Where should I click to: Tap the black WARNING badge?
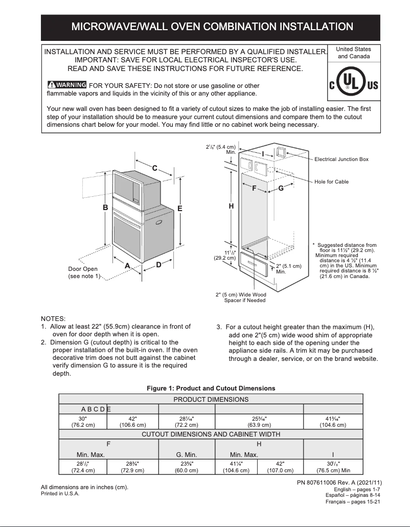[66, 85]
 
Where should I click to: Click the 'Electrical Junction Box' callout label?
[341, 159]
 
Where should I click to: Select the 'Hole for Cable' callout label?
[331, 182]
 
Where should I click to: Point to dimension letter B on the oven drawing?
[105, 208]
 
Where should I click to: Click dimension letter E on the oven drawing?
[180, 208]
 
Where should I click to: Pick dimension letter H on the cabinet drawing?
[231, 206]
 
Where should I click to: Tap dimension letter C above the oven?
[154, 168]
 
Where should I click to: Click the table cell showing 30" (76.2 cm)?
[83, 421]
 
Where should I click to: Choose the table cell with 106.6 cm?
[132, 421]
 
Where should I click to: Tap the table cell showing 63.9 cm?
[259, 421]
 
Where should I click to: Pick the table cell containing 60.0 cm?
[186, 467]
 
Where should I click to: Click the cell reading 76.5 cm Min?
[333, 467]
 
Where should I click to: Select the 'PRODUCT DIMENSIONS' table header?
[211, 399]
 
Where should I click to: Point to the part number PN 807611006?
[339, 483]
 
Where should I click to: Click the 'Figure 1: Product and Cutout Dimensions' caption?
[211, 388]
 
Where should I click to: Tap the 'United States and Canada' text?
[354, 53]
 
